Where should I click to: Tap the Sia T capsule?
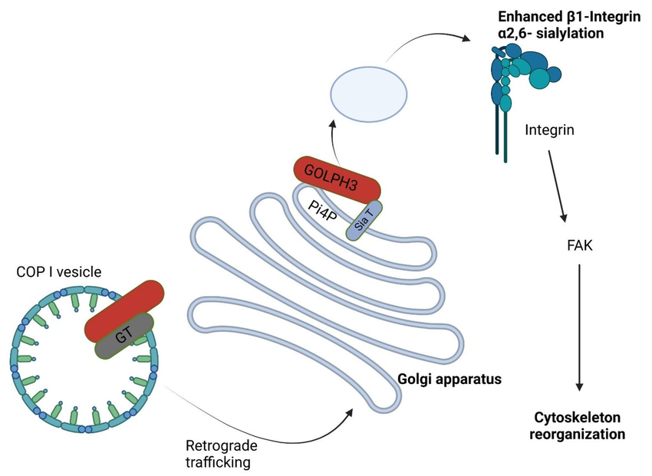pos(364,220)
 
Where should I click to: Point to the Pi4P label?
pos(321,210)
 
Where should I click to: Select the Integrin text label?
pos(550,130)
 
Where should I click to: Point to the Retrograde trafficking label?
pos(221,454)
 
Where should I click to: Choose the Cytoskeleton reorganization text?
pos(579,425)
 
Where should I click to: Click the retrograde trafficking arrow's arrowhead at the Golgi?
pos(350,412)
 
